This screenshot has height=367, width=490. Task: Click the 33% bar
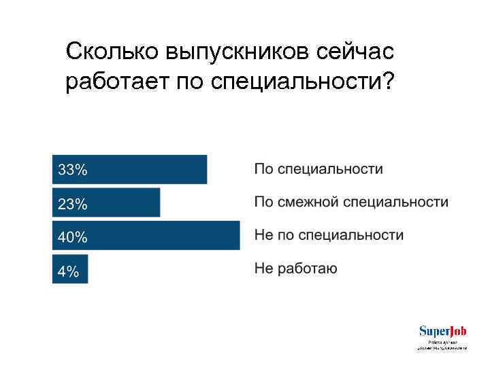136,169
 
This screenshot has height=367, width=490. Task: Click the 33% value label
72,170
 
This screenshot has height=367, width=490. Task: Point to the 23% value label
72,203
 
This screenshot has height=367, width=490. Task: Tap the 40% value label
72,237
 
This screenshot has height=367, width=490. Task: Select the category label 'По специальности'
318,169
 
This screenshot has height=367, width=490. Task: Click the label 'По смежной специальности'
351,202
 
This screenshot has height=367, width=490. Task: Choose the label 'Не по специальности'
329,235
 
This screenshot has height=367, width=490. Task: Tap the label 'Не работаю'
295,268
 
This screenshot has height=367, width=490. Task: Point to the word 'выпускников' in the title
234,53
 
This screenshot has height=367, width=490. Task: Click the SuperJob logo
442,331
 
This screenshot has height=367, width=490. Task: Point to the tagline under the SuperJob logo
442,345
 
